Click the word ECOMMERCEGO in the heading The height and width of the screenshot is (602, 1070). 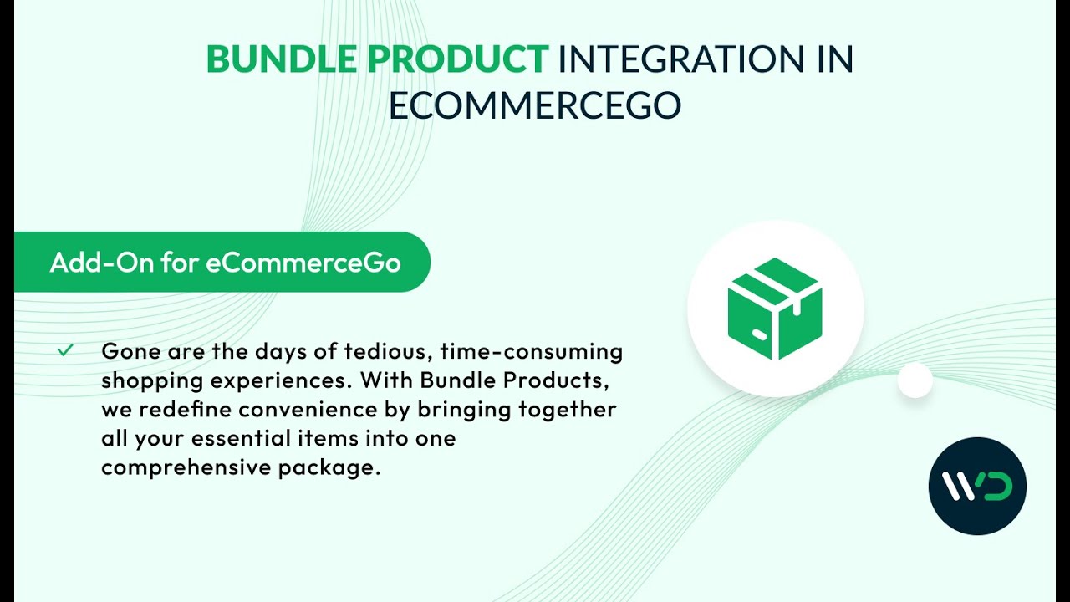coord(535,106)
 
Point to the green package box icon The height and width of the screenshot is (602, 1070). coord(775,309)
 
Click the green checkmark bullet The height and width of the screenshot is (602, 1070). coord(65,350)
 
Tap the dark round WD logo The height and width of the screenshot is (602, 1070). coord(977,486)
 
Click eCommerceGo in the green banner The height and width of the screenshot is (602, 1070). coord(303,263)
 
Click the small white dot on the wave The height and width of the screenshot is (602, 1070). coord(915,380)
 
